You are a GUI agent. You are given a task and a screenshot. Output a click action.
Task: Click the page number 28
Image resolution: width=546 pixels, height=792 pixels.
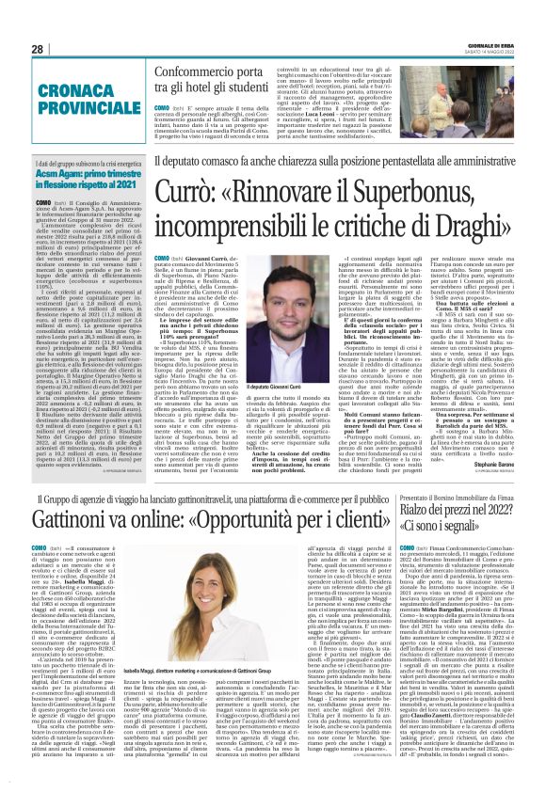(38, 48)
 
